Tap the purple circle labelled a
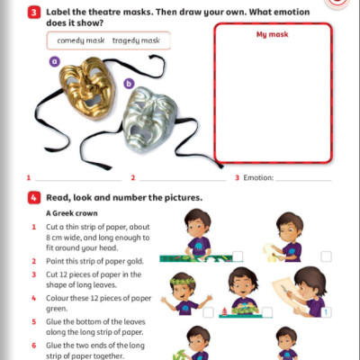coord(54,61)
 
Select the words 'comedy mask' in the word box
coord(82,40)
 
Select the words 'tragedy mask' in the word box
coord(136,40)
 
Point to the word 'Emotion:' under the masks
coord(259,178)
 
